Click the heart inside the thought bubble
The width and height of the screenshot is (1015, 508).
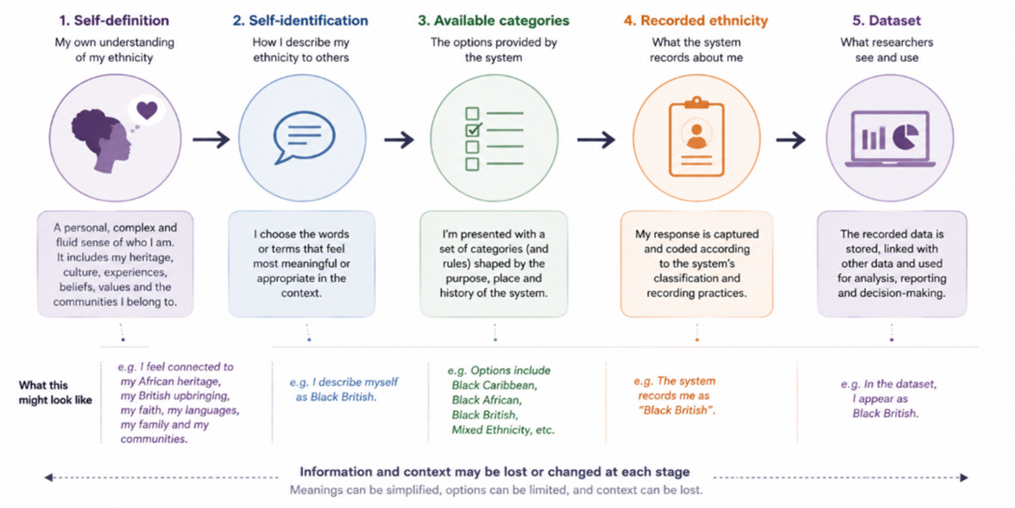click(147, 111)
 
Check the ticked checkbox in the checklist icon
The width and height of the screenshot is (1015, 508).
click(473, 130)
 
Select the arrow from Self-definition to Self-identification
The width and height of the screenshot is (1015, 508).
click(211, 139)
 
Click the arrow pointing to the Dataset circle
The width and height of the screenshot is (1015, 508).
click(791, 139)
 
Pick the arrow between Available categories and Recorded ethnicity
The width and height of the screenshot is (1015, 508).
click(596, 139)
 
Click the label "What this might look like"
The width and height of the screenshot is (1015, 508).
click(55, 392)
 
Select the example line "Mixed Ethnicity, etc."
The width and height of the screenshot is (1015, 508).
click(503, 429)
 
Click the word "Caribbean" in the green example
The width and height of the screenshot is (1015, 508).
click(514, 385)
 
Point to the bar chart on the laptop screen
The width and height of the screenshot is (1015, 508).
click(874, 137)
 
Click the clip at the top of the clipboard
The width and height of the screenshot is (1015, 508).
click(696, 103)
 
